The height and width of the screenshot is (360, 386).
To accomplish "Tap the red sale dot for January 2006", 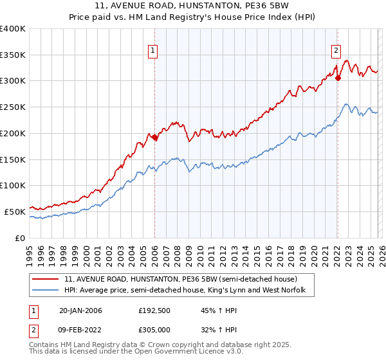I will (x=154, y=137).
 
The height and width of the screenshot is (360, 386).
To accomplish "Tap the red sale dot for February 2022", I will (x=338, y=78).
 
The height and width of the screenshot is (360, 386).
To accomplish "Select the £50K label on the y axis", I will (x=15, y=212).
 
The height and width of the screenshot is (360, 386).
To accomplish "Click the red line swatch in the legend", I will (x=45, y=280).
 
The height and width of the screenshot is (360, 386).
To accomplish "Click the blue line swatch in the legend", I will (x=45, y=291).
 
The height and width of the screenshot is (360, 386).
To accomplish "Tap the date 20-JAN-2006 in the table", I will (x=80, y=310).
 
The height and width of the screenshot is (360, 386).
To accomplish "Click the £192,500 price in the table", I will (x=155, y=310).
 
